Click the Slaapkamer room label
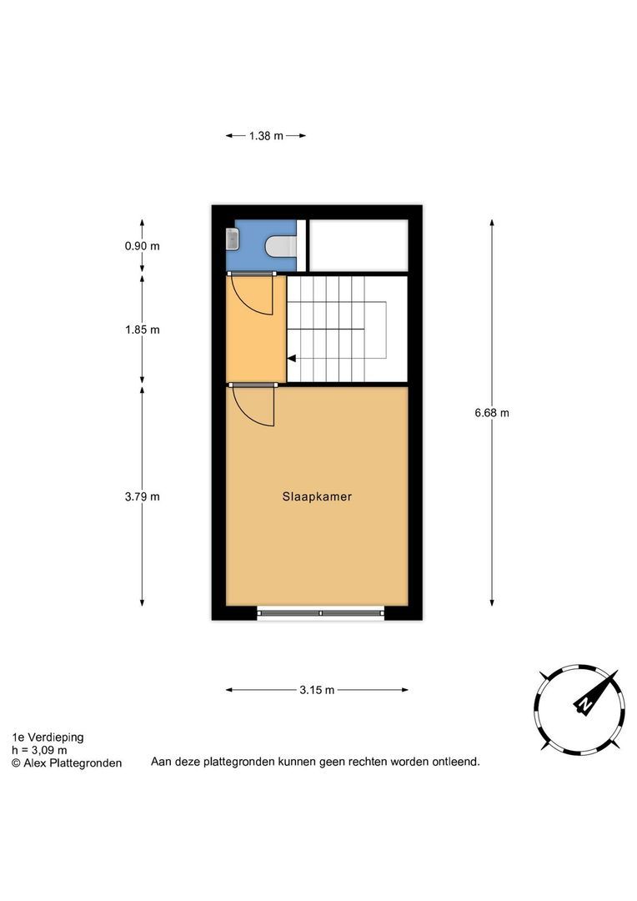pyautogui.click(x=316, y=496)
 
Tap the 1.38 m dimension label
pyautogui.click(x=265, y=135)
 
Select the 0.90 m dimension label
pyautogui.click(x=142, y=246)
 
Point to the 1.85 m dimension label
pyautogui.click(x=142, y=330)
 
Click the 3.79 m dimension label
pyautogui.click(x=142, y=496)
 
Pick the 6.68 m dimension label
pyautogui.click(x=492, y=412)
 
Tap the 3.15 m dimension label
pyautogui.click(x=317, y=690)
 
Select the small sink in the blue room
pyautogui.click(x=232, y=239)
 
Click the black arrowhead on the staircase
pyautogui.click(x=291, y=359)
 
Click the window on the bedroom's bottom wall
pyautogui.click(x=320, y=614)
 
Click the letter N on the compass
pyautogui.click(x=586, y=706)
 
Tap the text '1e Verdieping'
pyautogui.click(x=48, y=737)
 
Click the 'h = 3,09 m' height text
pyautogui.click(x=39, y=750)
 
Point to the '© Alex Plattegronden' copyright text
pyautogui.click(x=66, y=763)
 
